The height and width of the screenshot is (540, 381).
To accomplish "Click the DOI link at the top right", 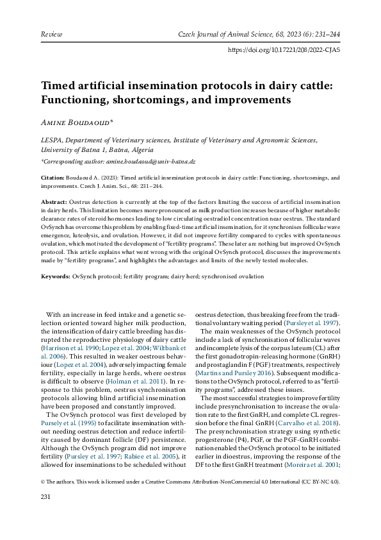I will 284,49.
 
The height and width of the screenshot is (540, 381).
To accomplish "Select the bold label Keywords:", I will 56,276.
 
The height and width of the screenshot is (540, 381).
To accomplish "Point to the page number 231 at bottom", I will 46,497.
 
